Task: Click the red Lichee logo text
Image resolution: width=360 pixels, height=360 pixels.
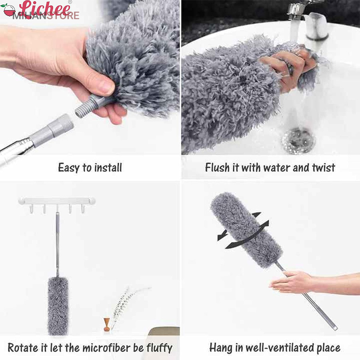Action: point(45,9)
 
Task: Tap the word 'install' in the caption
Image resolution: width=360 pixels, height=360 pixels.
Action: point(108,168)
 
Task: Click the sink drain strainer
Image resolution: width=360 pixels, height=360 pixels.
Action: point(298,140)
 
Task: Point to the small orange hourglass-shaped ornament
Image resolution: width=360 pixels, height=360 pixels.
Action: point(106,324)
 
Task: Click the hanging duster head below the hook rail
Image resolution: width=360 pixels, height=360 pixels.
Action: point(58,306)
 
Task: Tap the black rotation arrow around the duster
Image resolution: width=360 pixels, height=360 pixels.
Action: point(243,231)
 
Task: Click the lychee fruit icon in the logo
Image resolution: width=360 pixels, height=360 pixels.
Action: point(9,10)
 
